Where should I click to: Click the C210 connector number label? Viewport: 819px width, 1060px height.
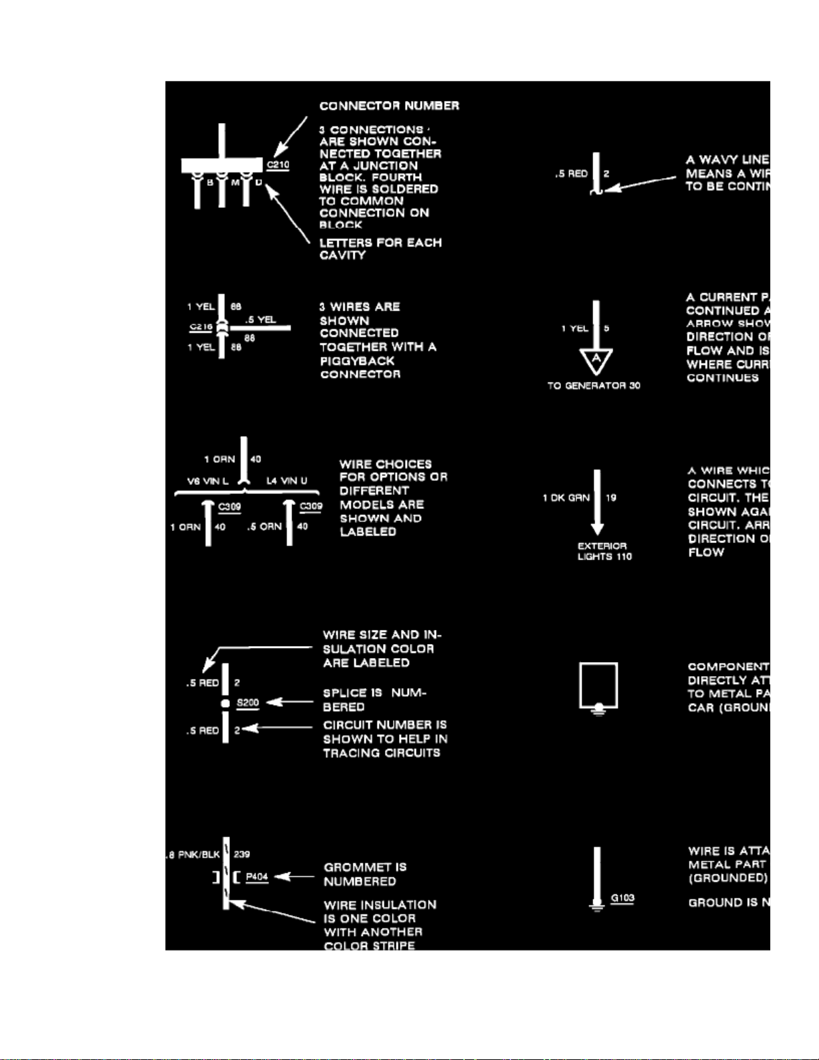point(278,165)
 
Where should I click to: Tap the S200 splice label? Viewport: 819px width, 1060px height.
point(247,703)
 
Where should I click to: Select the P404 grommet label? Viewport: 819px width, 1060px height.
point(257,877)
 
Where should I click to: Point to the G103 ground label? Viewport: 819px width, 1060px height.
point(622,898)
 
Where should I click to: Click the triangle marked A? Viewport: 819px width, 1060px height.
point(596,359)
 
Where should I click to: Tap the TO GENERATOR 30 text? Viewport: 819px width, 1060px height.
point(594,386)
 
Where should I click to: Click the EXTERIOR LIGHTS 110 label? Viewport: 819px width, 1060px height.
point(604,551)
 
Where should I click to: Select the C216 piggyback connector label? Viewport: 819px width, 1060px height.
point(201,327)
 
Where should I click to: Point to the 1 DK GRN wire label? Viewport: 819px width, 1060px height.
point(566,498)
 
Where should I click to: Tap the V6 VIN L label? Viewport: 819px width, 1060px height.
point(207,481)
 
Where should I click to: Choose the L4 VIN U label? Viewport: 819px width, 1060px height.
point(287,481)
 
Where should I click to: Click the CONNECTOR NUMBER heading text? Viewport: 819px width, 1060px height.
point(389,106)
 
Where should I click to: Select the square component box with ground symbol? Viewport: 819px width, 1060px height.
point(598,685)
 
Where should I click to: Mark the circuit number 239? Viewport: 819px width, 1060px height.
point(242,854)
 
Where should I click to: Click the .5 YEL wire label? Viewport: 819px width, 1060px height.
point(260,320)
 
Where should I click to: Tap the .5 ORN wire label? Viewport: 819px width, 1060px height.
point(264,527)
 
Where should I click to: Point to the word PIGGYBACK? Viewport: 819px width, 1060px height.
point(357,360)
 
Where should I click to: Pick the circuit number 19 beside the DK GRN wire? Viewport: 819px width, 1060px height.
point(611,498)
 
